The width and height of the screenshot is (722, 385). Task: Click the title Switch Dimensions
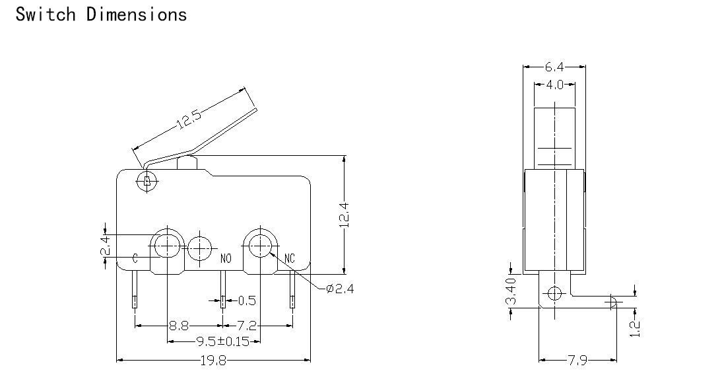(101, 15)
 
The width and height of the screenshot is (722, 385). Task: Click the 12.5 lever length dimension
(189, 120)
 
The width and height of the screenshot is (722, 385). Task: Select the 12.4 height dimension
(346, 215)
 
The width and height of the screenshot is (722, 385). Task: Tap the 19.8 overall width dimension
(213, 360)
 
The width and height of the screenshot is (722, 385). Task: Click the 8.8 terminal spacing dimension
(179, 326)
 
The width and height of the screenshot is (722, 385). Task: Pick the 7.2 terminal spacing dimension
(247, 326)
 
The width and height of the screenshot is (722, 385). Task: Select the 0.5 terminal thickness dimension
(247, 300)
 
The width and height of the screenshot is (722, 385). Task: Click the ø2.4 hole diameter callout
(340, 289)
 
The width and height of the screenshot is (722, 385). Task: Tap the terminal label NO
(226, 258)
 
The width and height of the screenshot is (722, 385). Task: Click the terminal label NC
(290, 258)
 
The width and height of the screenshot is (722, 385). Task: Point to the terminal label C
(135, 258)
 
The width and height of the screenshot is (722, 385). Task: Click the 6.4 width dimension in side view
(554, 67)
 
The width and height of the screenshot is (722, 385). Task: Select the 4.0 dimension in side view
(554, 85)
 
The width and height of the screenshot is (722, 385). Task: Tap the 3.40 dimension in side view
(511, 291)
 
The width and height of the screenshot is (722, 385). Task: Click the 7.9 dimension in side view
(577, 360)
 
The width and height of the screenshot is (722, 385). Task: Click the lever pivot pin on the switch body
(147, 181)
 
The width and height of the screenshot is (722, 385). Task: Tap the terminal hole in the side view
(555, 293)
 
